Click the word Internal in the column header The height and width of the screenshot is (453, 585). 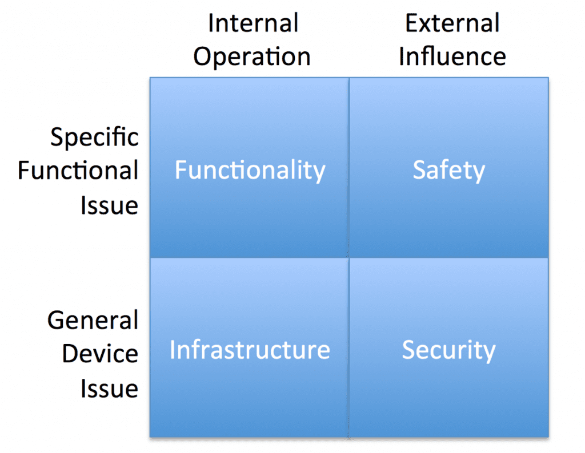pyautogui.click(x=253, y=23)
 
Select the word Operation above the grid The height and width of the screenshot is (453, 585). pyautogui.click(x=252, y=57)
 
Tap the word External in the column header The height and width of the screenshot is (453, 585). pyautogui.click(x=452, y=23)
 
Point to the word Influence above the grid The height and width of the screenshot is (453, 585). pyautogui.click(x=452, y=56)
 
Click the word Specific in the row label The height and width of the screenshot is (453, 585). pyautogui.click(x=94, y=137)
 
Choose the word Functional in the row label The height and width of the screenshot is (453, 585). pyautogui.click(x=78, y=170)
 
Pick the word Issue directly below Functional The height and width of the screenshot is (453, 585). pyautogui.click(x=110, y=205)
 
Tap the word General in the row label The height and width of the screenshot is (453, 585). pyautogui.click(x=93, y=320)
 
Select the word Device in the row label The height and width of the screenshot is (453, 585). pyautogui.click(x=100, y=354)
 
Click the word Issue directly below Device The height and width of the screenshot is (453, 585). pyautogui.click(x=110, y=388)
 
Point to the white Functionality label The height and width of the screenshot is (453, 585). pyautogui.click(x=250, y=171)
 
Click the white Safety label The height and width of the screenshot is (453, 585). pyautogui.click(x=449, y=171)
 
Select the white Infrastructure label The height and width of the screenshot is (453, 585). pyautogui.click(x=250, y=350)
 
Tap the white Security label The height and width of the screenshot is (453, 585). pyautogui.click(x=449, y=350)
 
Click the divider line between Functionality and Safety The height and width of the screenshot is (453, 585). pyautogui.click(x=349, y=167)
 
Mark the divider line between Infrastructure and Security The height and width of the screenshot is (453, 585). pyautogui.click(x=349, y=347)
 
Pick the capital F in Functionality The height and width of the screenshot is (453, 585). pyautogui.click(x=181, y=170)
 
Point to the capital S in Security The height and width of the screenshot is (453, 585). pyautogui.click(x=408, y=350)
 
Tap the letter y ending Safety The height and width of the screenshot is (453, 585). pyautogui.click(x=478, y=173)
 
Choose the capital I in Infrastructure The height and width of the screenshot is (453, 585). pyautogui.click(x=172, y=350)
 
